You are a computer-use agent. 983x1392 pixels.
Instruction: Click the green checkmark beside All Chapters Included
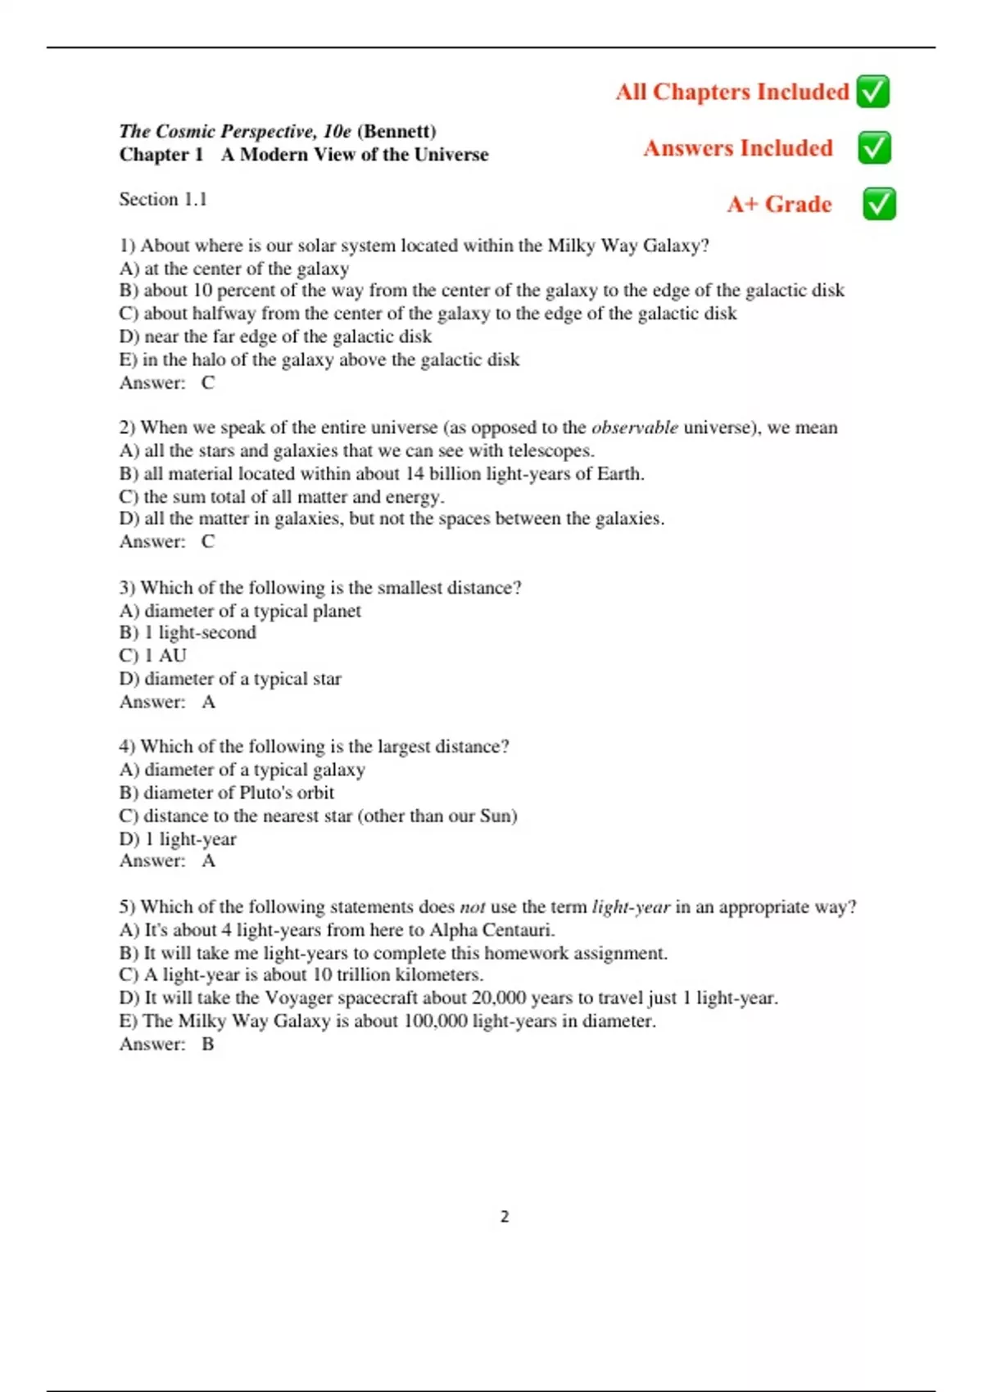[872, 92]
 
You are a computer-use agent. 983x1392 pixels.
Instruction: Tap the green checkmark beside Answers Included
[874, 148]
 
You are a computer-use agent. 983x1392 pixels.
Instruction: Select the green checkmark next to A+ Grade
[879, 204]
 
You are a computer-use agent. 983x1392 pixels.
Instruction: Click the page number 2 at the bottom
[505, 1217]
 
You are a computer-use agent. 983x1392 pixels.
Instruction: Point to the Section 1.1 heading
[163, 199]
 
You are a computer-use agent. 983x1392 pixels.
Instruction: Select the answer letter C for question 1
[208, 382]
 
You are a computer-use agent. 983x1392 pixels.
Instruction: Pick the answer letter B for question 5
[208, 1044]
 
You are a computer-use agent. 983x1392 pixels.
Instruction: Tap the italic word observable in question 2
[634, 427]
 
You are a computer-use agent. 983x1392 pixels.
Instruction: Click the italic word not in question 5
[473, 907]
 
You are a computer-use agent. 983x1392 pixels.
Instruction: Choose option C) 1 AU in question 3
[153, 656]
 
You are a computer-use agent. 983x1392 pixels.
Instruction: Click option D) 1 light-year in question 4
[178, 839]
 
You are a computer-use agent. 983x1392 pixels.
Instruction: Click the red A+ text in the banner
[742, 204]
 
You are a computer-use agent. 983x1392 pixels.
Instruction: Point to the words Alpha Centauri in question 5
[491, 930]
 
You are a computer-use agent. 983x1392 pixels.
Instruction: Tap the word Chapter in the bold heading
[153, 155]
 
